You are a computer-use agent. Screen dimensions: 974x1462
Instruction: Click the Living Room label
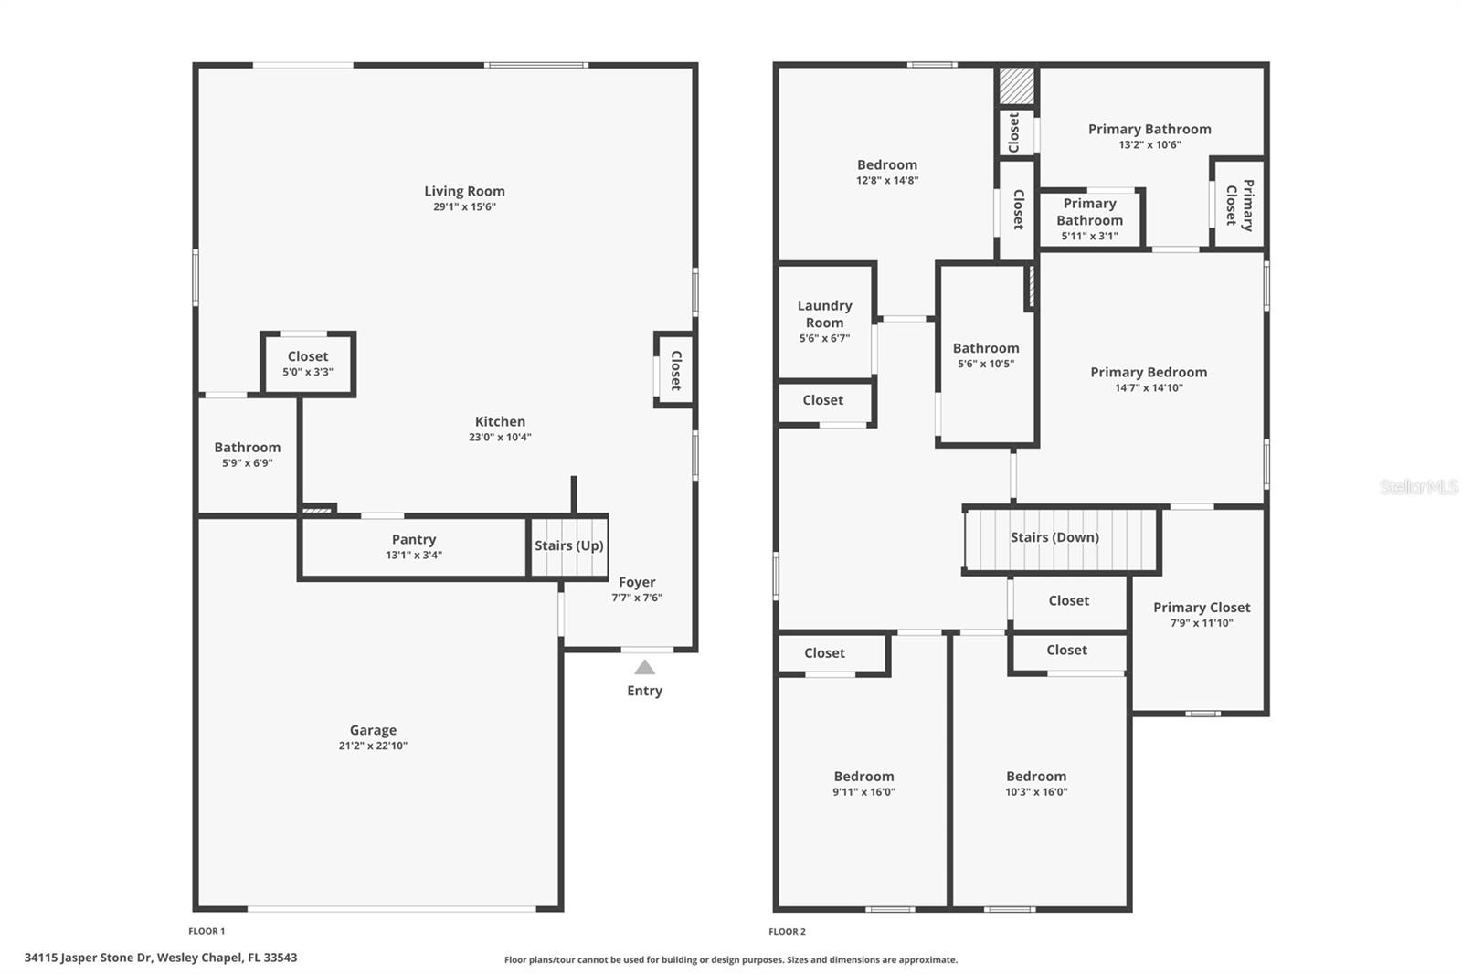(x=464, y=191)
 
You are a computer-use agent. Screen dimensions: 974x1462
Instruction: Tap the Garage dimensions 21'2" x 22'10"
(x=373, y=746)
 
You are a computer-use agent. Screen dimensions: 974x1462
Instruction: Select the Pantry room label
(x=414, y=539)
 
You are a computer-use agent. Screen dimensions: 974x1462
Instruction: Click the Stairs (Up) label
(x=568, y=545)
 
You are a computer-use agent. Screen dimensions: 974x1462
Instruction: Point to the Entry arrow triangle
(x=644, y=668)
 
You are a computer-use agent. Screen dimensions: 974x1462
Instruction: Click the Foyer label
(x=637, y=582)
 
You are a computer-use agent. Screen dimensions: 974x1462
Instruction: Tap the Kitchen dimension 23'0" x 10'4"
(x=500, y=437)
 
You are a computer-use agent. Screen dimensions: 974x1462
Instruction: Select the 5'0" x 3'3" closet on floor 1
(x=308, y=364)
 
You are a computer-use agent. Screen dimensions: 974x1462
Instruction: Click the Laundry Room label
(x=824, y=313)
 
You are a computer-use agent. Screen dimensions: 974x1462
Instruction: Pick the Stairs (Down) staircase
(x=1060, y=538)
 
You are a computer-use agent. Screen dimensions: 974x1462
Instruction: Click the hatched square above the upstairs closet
(x=1015, y=86)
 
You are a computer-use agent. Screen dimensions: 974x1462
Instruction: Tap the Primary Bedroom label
(x=1149, y=372)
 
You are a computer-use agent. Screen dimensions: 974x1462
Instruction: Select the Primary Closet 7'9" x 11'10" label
(x=1202, y=614)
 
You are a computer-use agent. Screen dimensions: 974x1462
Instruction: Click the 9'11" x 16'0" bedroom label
(x=863, y=783)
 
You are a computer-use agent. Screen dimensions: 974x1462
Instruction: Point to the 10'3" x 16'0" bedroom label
(x=1036, y=783)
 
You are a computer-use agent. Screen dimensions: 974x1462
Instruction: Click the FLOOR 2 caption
(x=787, y=931)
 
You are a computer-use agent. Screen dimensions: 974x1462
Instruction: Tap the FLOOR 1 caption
(x=207, y=931)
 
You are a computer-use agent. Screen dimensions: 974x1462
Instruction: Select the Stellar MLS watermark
(x=1418, y=487)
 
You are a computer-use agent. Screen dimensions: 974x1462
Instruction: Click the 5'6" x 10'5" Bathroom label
(x=985, y=355)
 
